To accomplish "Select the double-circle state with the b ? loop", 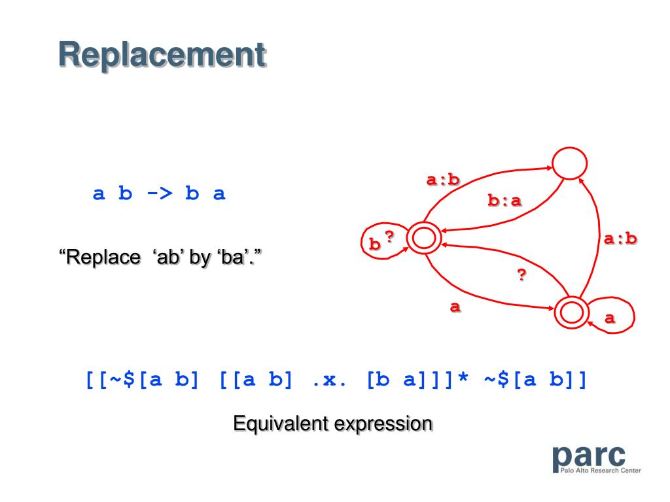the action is [424, 239].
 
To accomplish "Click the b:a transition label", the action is [505, 201].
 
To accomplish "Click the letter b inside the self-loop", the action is [375, 244].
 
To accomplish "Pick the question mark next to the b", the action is [389, 237].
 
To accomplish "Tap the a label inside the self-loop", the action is [610, 318].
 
